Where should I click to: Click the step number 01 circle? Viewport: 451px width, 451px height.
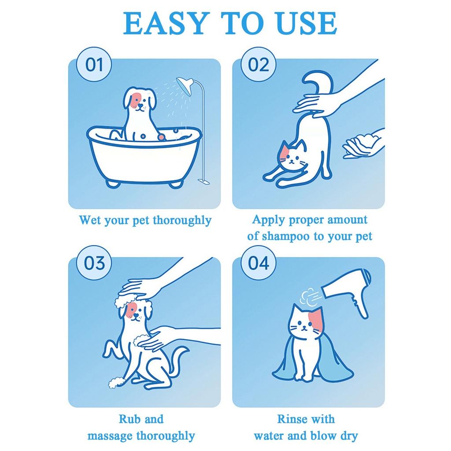[94, 65]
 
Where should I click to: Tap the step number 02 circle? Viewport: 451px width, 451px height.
[259, 65]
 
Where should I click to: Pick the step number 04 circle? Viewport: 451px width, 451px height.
[259, 263]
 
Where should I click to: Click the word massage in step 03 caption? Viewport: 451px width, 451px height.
[110, 436]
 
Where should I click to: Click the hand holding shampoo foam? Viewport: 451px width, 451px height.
[362, 144]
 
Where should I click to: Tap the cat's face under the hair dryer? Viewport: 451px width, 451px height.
[304, 324]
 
